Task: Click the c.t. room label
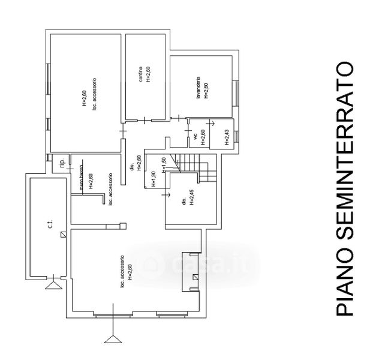tap(51, 224)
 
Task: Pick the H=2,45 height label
tap(191, 199)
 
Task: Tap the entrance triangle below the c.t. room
tap(53, 284)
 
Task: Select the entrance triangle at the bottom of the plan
tap(112, 340)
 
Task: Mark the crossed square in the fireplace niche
tap(195, 278)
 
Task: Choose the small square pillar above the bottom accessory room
tap(123, 226)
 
